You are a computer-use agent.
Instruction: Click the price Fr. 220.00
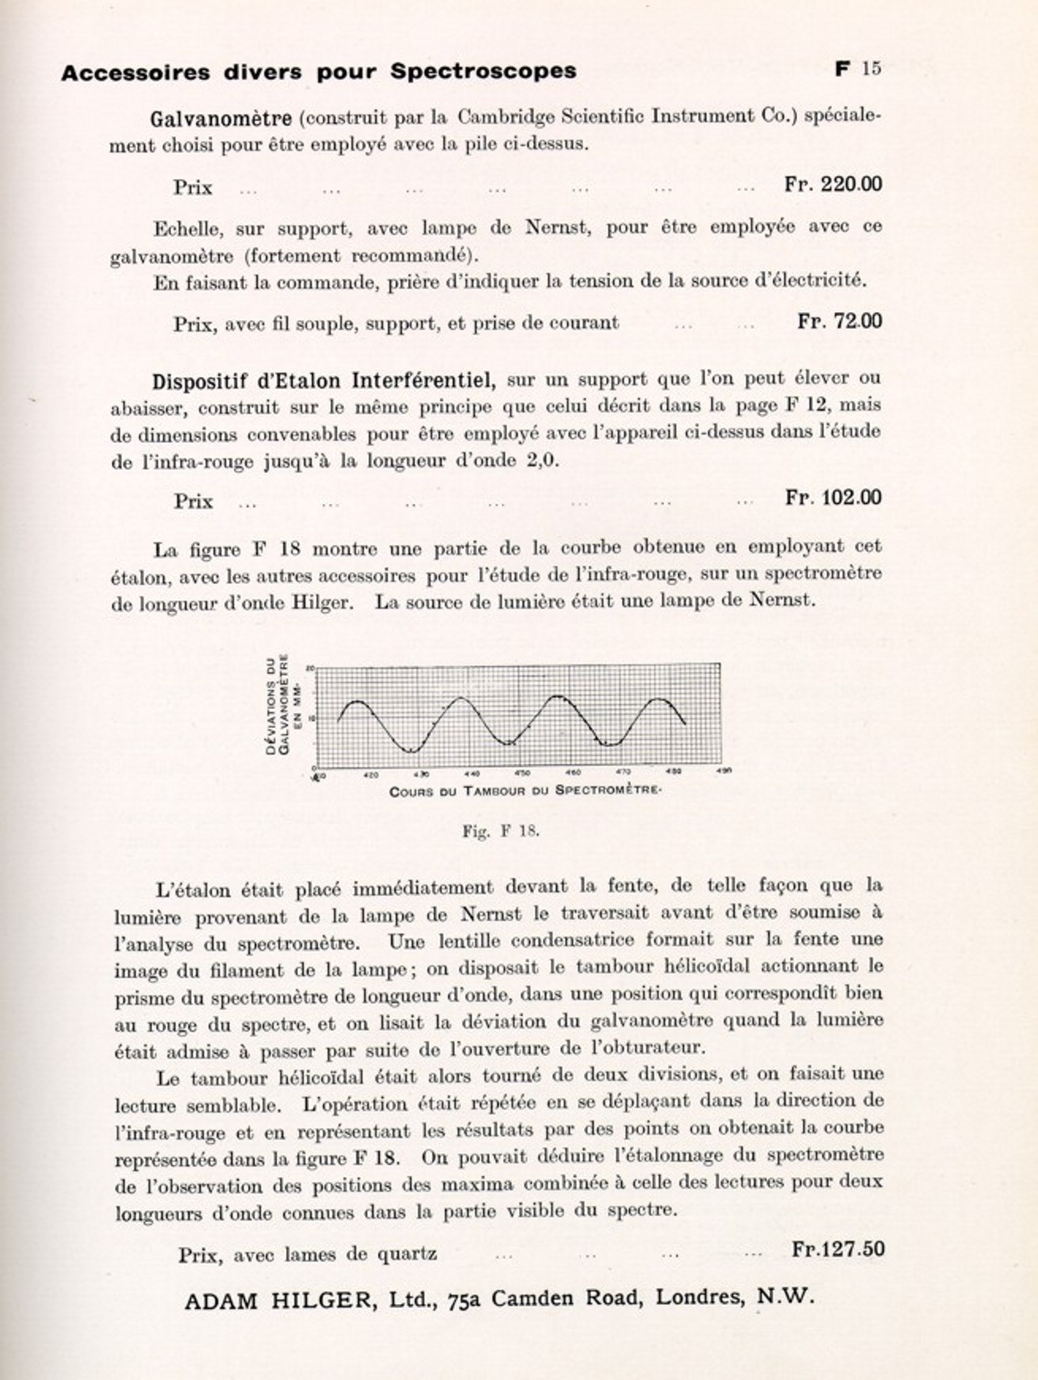833,185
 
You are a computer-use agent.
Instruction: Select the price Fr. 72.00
839,321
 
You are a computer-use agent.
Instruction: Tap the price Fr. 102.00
833,497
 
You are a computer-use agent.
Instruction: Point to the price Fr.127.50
838,1248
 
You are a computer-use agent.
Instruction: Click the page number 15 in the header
871,69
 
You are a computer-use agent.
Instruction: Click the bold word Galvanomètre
221,119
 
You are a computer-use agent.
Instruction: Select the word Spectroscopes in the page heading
483,71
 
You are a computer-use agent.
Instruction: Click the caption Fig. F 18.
500,831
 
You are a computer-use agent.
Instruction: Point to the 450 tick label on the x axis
522,773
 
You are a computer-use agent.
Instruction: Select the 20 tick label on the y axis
311,669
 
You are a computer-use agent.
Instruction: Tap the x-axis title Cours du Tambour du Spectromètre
525,791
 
